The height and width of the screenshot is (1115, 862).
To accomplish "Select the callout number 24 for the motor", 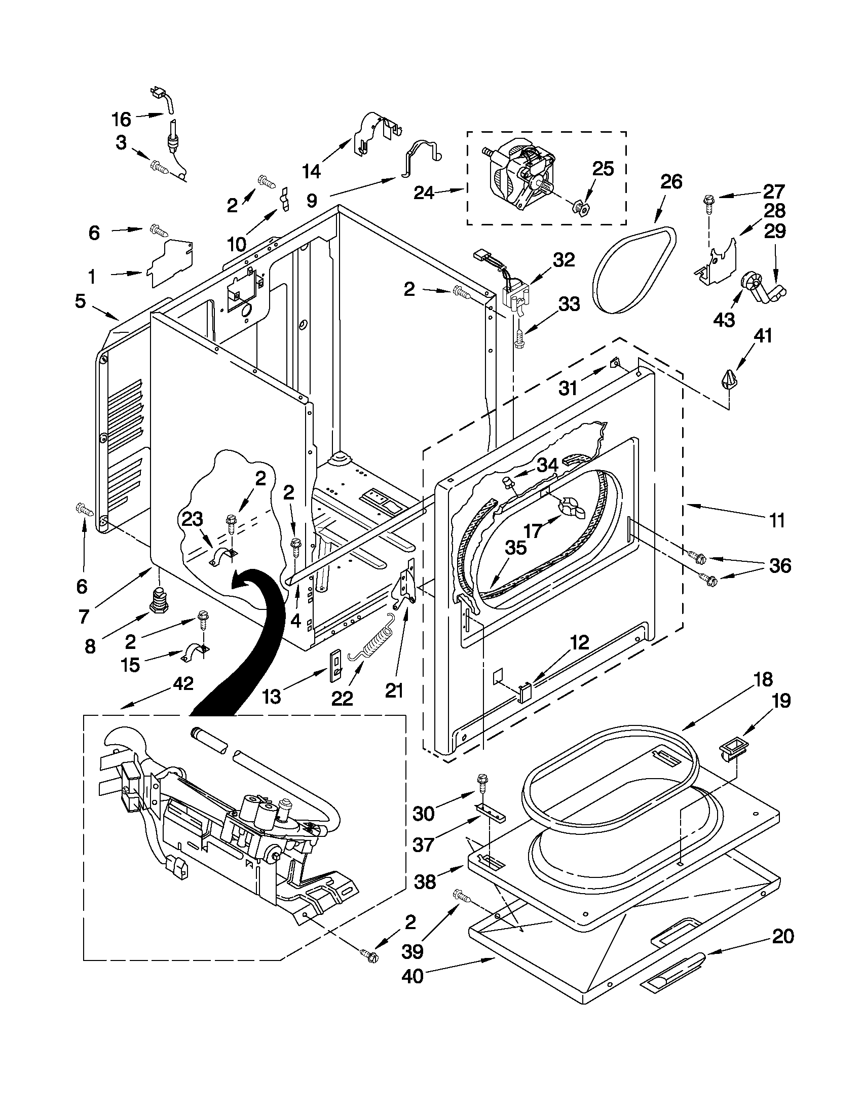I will tap(424, 193).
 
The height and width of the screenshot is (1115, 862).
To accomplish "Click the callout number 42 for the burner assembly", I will tap(183, 683).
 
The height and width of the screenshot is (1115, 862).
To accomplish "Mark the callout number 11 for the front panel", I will tap(777, 521).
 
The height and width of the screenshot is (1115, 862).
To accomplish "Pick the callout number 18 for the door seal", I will tap(764, 679).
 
